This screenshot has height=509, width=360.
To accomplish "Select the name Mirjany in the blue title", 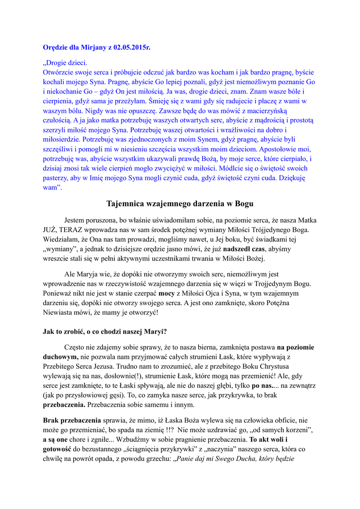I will [92, 48].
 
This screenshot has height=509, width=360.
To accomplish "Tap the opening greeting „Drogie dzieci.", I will [65, 63].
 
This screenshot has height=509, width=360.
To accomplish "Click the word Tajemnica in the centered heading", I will [126, 203].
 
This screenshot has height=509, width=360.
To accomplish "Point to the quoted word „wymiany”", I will [59, 249].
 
